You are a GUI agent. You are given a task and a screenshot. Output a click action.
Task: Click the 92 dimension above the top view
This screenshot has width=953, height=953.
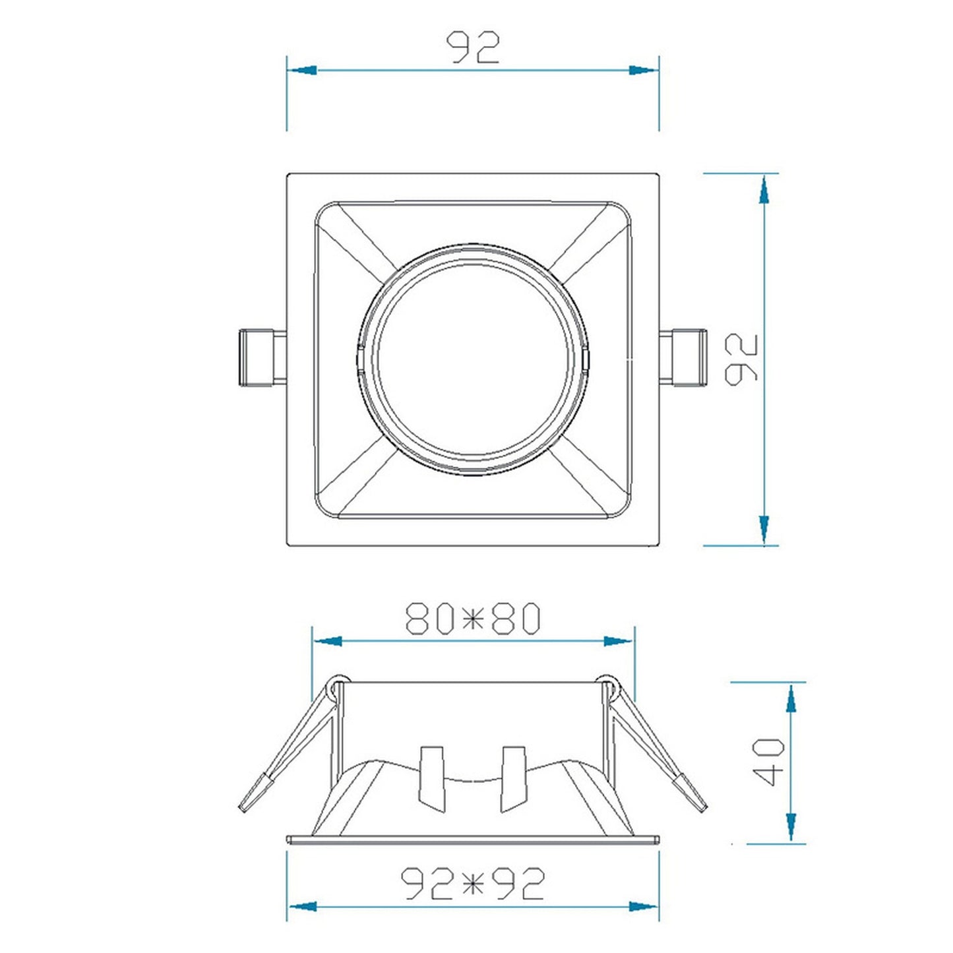click(473, 47)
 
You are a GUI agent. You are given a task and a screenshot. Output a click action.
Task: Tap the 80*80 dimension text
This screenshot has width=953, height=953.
click(474, 618)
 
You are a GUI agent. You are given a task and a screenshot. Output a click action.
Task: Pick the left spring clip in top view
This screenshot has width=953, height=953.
click(262, 357)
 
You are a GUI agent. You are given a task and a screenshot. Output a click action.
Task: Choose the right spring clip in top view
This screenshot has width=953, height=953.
click(683, 357)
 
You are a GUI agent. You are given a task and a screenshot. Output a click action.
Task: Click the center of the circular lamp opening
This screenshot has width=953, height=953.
click(473, 359)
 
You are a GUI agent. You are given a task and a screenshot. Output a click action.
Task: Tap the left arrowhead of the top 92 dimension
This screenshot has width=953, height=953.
click(301, 70)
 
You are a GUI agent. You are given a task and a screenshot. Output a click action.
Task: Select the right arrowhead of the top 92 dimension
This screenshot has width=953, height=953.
click(644, 70)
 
